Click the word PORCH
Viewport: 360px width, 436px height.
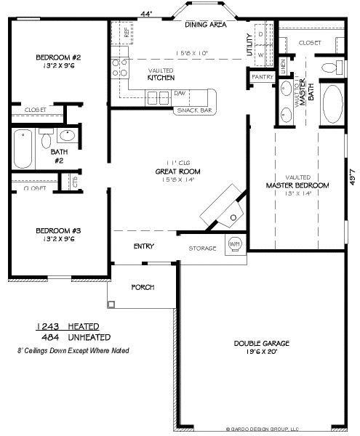[142, 287]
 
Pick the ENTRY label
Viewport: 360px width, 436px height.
[143, 246]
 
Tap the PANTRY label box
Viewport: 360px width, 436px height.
[260, 76]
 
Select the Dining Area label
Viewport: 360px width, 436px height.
[206, 25]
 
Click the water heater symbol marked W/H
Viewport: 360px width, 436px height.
[234, 244]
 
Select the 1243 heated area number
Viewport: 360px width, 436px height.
[47, 326]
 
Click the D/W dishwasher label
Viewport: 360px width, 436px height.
[179, 93]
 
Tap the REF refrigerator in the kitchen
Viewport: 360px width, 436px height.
[127, 33]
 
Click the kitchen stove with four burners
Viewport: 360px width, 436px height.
[117, 68]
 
